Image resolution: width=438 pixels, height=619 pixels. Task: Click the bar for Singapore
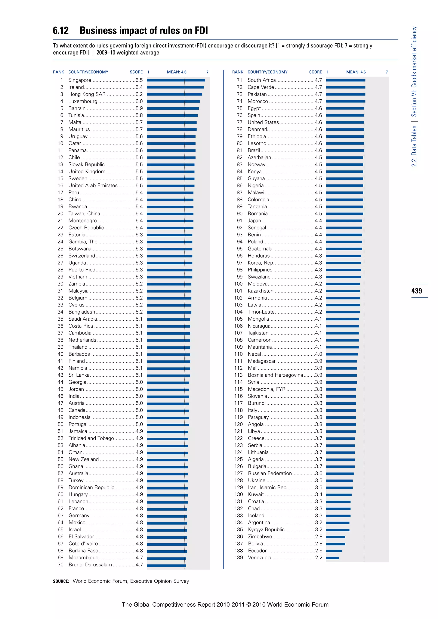(x=176, y=80)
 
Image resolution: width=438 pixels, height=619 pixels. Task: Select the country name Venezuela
(x=259, y=557)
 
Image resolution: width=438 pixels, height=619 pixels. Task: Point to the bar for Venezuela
(x=332, y=558)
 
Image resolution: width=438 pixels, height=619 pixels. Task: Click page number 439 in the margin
(x=416, y=291)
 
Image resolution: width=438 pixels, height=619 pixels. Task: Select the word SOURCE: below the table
(x=61, y=581)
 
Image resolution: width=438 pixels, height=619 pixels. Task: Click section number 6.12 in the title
(x=61, y=31)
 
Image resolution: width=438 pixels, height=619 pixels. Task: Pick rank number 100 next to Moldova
(x=238, y=284)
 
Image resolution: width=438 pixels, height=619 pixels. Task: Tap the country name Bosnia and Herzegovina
(x=275, y=375)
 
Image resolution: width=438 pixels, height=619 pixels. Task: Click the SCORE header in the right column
(x=315, y=72)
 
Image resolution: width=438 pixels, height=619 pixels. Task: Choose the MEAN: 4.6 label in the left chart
(x=177, y=72)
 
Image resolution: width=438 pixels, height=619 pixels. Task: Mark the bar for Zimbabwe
(x=336, y=537)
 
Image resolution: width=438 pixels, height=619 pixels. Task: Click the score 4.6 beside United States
(x=318, y=122)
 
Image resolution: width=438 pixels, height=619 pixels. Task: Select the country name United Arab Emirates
(x=93, y=186)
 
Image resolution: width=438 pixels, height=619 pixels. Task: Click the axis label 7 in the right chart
(x=386, y=72)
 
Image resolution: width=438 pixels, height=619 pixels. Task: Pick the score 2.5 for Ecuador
(x=318, y=551)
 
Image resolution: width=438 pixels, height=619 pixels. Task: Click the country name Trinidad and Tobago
(x=91, y=438)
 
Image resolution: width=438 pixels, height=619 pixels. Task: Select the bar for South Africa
(x=345, y=80)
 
